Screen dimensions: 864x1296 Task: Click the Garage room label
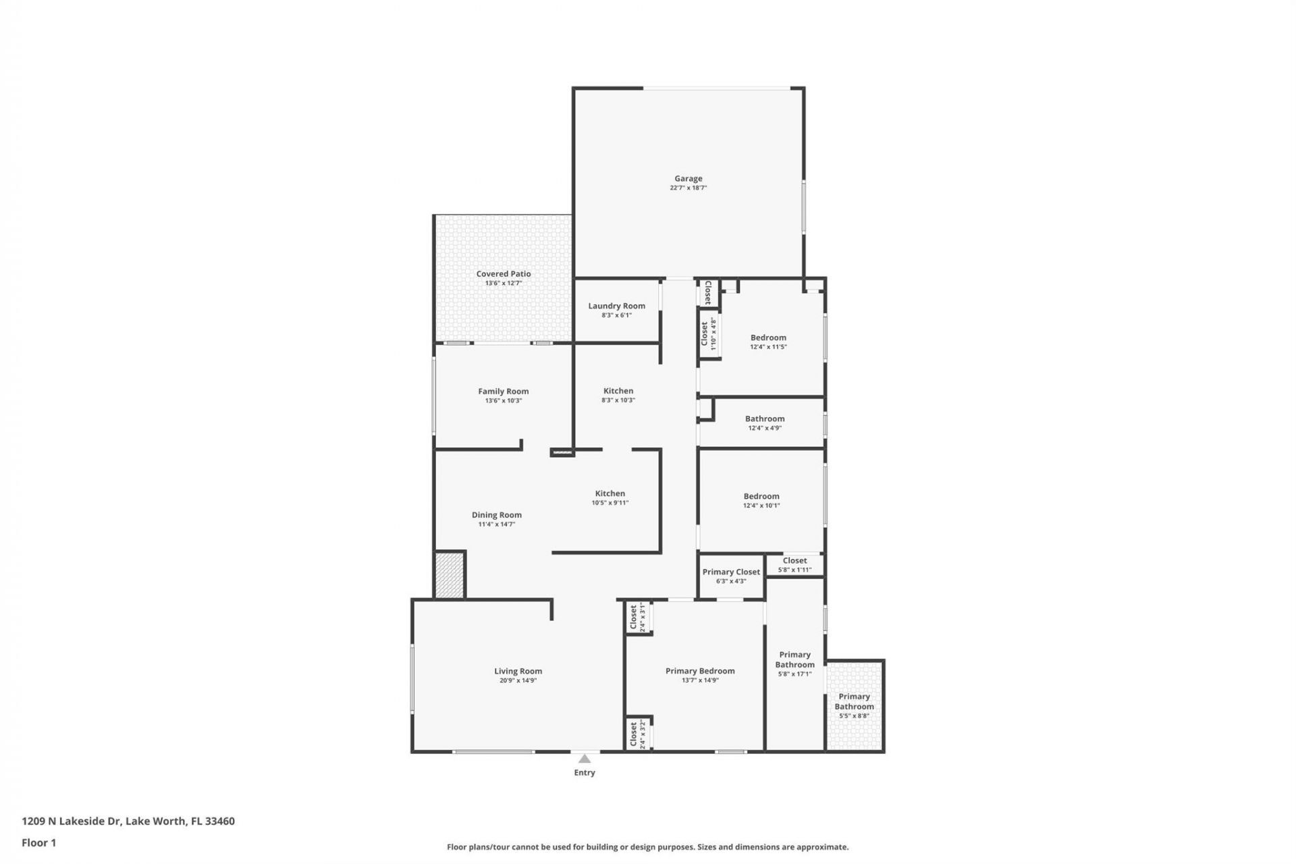click(x=688, y=179)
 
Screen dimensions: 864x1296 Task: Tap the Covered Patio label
click(x=504, y=274)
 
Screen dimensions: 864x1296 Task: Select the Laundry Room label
click(x=616, y=306)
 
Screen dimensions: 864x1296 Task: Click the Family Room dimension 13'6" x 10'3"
click(x=504, y=401)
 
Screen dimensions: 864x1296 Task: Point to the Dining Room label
click(x=497, y=515)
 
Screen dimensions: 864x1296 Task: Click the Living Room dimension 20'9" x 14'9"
click(x=518, y=680)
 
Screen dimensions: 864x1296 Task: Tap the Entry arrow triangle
click(x=585, y=759)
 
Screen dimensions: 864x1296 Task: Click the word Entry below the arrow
click(x=585, y=773)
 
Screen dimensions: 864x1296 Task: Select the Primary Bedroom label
click(x=700, y=671)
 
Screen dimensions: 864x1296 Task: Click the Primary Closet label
click(x=731, y=572)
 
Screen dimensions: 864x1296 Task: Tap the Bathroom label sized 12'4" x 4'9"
click(x=765, y=419)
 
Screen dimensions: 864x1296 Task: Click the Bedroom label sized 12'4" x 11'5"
click(x=768, y=337)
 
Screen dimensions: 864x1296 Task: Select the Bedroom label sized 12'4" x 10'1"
click(x=761, y=496)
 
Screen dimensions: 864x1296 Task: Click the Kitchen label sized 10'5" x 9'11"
click(x=610, y=493)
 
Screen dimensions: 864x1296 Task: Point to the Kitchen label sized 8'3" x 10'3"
click(x=618, y=391)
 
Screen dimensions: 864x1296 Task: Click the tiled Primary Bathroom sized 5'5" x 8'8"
click(x=854, y=701)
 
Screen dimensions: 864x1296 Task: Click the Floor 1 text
click(x=38, y=842)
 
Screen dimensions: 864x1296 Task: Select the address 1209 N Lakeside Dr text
click(x=71, y=821)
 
